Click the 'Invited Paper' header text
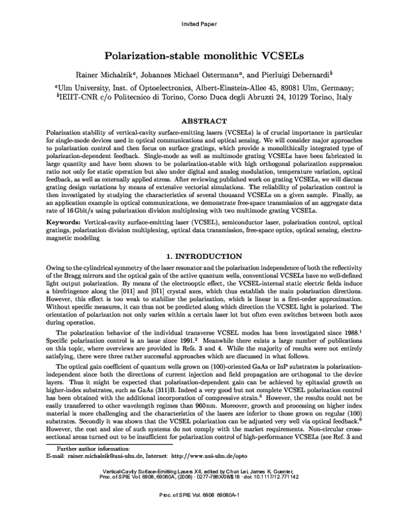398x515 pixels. (x=199, y=24)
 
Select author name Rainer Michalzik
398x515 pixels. (x=98, y=72)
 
